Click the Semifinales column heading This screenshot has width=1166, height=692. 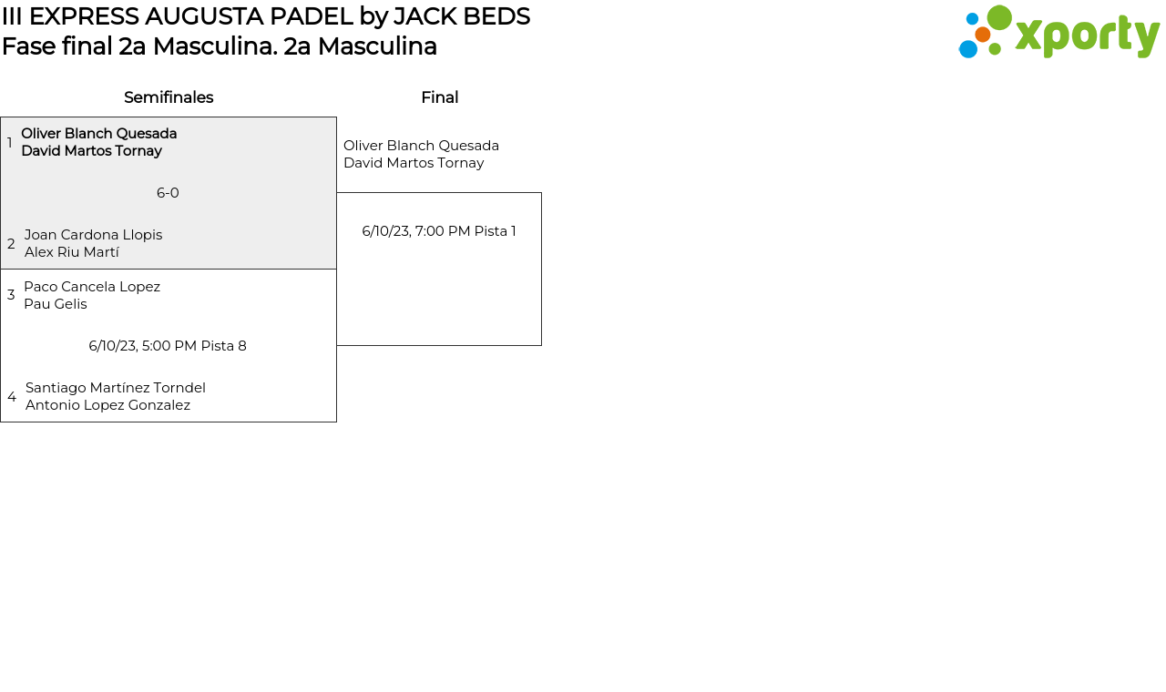click(169, 97)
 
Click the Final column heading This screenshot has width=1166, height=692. click(439, 97)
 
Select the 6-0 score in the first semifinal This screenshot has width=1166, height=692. click(168, 193)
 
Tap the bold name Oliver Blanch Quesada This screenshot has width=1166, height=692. click(98, 134)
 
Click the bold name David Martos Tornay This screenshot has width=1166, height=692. click(91, 151)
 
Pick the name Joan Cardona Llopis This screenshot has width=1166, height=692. click(93, 235)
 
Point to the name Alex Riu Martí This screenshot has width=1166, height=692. click(72, 252)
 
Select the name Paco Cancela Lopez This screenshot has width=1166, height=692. click(92, 287)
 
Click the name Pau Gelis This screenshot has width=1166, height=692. click(56, 304)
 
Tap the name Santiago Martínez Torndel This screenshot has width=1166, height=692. click(116, 388)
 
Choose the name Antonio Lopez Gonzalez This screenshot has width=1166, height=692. click(107, 405)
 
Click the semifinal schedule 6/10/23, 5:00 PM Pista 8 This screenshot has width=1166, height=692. click(168, 346)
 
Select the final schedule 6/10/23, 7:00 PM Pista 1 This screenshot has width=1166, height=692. click(439, 231)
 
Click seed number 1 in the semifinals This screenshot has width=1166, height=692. click(10, 143)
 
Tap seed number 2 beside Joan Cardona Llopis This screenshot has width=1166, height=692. click(11, 244)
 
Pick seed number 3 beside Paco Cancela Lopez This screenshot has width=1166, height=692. click(11, 295)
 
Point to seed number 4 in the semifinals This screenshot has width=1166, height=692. click(12, 397)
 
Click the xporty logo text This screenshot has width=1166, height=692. click(1087, 36)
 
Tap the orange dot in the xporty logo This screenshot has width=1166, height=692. click(982, 35)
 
